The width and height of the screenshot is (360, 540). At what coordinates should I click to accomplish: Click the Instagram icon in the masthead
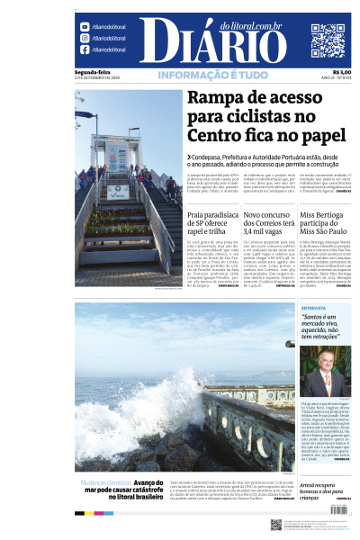(x=85, y=39)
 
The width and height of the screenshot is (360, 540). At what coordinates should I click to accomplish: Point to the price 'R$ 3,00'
(x=341, y=72)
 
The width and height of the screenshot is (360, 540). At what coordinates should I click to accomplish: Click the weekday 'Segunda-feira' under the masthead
(x=93, y=72)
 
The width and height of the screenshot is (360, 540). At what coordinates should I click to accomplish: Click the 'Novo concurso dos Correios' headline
(x=266, y=221)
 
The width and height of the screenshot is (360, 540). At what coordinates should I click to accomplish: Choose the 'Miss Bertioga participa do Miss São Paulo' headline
(x=325, y=221)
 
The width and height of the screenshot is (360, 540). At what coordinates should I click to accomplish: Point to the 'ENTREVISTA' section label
(x=314, y=308)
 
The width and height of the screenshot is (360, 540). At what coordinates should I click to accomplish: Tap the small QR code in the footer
(x=275, y=525)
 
